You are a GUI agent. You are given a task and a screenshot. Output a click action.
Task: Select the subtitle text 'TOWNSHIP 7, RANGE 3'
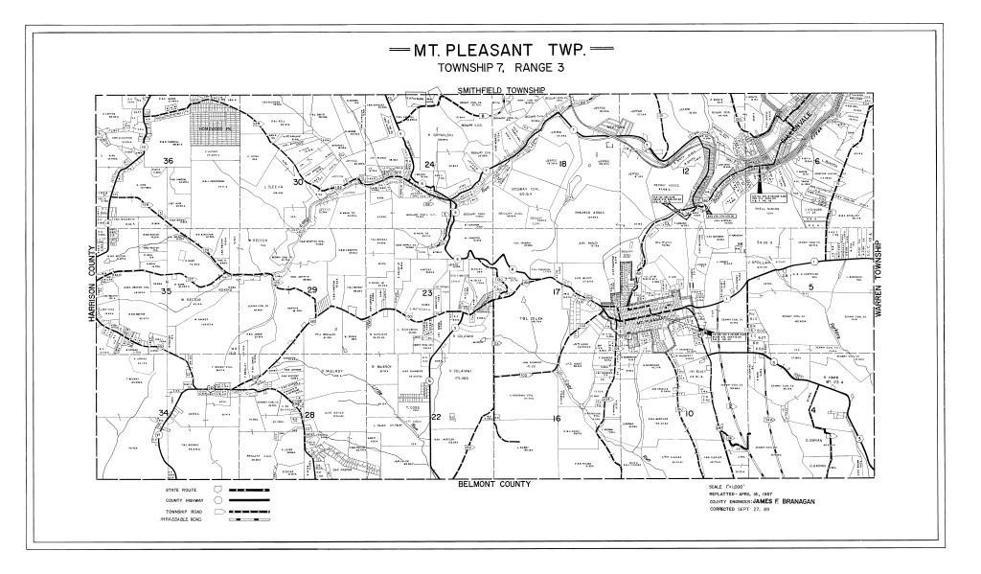490,69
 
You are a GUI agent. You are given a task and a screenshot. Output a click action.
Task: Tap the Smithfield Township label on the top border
499,90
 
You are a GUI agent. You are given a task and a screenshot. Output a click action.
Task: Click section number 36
168,160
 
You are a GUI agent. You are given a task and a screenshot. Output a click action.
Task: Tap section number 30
298,182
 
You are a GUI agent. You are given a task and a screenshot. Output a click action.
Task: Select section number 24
430,165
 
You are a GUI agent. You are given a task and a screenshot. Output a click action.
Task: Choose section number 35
166,291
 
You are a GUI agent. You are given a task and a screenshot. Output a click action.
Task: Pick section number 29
310,290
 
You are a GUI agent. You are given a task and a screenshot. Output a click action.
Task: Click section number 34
164,413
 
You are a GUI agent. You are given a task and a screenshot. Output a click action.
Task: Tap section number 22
436,417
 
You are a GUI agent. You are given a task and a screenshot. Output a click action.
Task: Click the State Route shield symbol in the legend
218,490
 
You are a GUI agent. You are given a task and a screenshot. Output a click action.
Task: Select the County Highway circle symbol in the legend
218,500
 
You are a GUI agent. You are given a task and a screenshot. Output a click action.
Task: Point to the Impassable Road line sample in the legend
250,521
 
